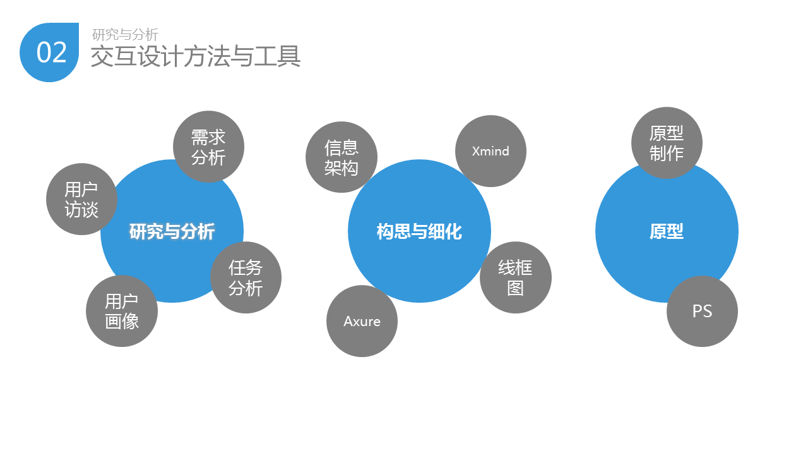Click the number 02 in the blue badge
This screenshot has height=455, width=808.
[51, 52]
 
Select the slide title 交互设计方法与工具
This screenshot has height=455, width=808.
[195, 56]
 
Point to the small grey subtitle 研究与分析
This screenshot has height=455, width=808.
[125, 35]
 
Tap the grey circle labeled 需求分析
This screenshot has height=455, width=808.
[208, 147]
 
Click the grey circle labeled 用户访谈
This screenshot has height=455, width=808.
[81, 199]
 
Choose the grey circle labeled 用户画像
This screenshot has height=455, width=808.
[121, 311]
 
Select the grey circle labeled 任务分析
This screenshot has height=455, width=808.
[246, 277]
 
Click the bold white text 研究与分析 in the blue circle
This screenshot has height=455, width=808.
[172, 232]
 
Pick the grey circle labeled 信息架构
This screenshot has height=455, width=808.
[341, 157]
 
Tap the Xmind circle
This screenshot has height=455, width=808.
[490, 151]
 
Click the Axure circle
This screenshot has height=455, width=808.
[362, 321]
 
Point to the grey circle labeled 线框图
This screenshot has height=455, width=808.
[515, 277]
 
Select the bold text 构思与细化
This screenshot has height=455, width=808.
[419, 232]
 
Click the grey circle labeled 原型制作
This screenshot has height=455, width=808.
[667, 143]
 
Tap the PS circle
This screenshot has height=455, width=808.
[702, 311]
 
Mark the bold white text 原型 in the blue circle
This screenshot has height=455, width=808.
[667, 232]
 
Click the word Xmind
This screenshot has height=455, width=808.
[490, 151]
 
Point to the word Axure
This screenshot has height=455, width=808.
[362, 321]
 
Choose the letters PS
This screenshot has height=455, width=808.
[702, 311]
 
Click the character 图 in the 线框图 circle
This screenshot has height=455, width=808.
[515, 288]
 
